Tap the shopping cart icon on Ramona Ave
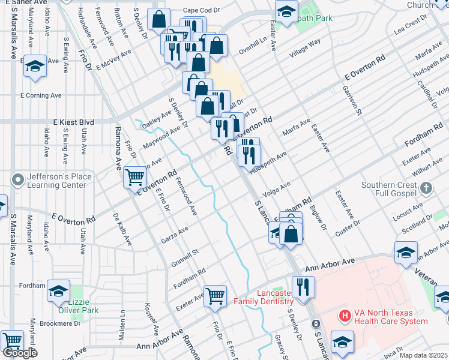[134, 177]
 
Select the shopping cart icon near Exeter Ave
[215, 296]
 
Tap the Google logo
[20, 352]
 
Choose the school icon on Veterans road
[406, 253]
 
